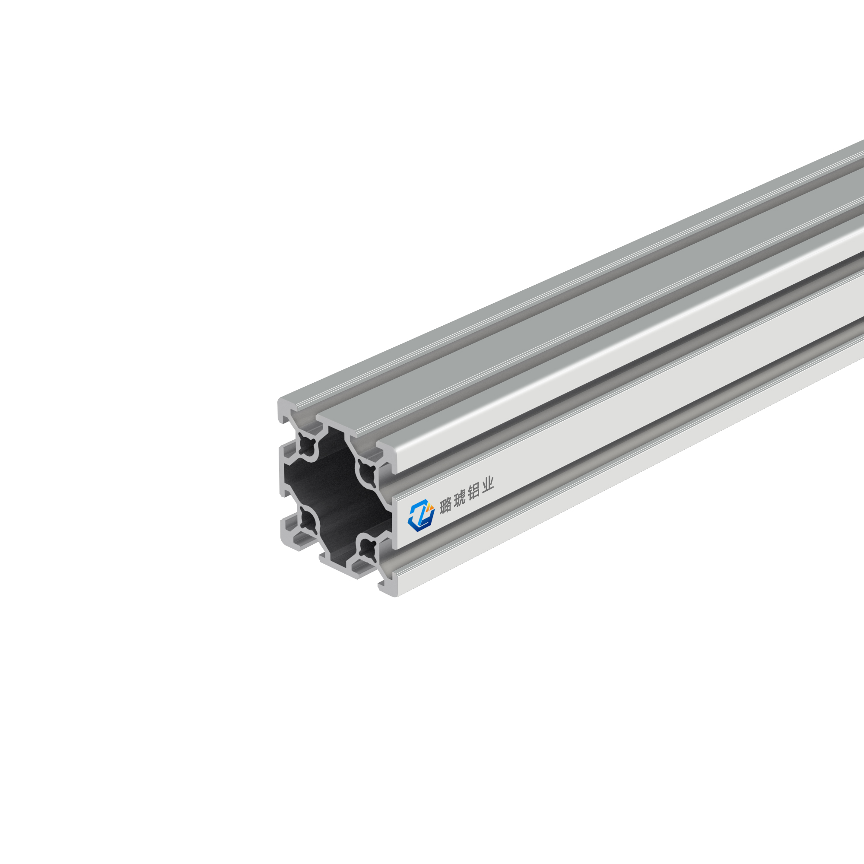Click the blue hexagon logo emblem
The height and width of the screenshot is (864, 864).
(421, 516)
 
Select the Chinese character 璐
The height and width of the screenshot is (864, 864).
(445, 506)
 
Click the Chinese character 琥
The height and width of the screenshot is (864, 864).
(459, 499)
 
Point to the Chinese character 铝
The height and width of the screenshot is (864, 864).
(473, 492)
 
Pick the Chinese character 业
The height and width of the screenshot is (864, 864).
(487, 485)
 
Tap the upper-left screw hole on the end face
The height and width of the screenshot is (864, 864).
(308, 445)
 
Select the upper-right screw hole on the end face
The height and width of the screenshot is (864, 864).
(368, 471)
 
